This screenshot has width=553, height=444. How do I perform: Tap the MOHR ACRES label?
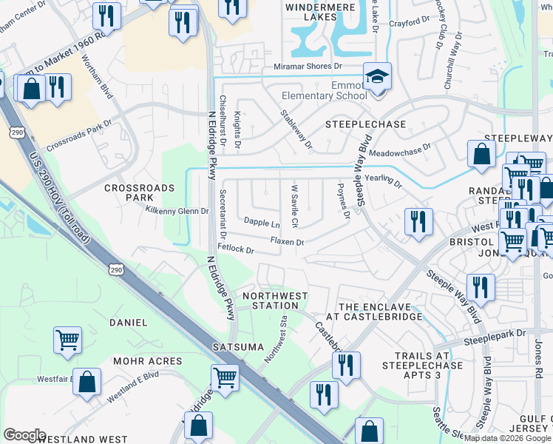147,361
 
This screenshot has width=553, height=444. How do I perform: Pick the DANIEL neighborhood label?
128,323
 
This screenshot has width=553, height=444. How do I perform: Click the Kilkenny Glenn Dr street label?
177,212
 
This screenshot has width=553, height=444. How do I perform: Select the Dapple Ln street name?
262,222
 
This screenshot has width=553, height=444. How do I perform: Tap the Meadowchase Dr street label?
400,151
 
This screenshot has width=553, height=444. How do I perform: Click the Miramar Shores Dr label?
324,67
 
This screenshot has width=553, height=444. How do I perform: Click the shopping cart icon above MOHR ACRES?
67,340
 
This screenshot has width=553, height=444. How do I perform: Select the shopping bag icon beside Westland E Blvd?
87,383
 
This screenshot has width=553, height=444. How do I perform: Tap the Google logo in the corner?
25,434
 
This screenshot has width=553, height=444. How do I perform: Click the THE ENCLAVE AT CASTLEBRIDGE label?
380,311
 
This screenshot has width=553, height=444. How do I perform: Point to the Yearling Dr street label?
383,179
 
